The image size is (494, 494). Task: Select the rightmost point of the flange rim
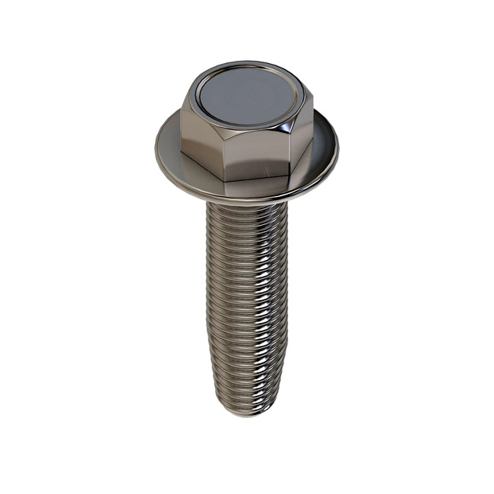click(x=339, y=148)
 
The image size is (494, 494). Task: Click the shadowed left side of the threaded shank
click(x=217, y=304)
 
